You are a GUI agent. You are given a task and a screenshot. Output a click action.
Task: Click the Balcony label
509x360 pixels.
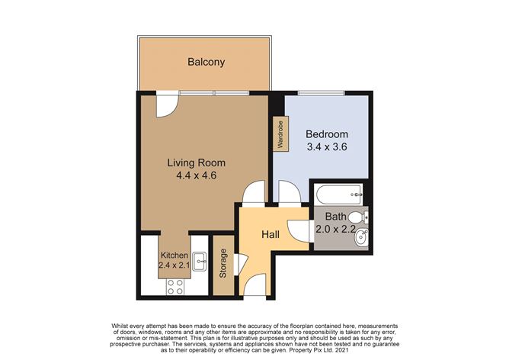click(x=206, y=62)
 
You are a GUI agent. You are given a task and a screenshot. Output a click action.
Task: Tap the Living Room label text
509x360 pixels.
click(x=197, y=162)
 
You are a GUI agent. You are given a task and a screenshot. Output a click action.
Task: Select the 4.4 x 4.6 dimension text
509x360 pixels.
click(x=197, y=175)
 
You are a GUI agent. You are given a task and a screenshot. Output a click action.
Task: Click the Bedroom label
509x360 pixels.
click(x=327, y=134)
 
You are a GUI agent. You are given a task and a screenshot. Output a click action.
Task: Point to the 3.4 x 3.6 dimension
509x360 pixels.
click(x=327, y=146)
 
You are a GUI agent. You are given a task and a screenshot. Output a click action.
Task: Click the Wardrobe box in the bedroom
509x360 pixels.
click(x=280, y=134)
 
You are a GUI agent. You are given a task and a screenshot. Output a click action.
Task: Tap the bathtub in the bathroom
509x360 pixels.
click(x=338, y=194)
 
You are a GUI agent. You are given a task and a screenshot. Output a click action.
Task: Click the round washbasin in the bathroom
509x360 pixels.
click(x=361, y=237)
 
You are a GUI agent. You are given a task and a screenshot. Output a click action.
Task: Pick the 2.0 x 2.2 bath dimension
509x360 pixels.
click(x=336, y=229)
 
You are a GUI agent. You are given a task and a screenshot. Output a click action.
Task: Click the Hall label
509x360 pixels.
click(x=271, y=234)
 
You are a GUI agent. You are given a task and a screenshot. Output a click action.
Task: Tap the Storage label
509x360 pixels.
click(x=223, y=263)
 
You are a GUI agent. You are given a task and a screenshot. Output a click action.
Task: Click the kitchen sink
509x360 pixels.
click(x=200, y=262)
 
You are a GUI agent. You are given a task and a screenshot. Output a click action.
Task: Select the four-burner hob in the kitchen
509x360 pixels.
click(x=174, y=287)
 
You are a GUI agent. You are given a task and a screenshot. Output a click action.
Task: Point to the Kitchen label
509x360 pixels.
click(x=174, y=256)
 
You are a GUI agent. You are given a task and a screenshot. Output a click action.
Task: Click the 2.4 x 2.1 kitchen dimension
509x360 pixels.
click(x=174, y=265)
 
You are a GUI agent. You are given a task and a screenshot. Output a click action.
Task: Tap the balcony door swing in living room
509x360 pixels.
click(x=167, y=104)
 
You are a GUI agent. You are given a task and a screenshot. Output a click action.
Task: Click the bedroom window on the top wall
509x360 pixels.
click(x=322, y=93)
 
